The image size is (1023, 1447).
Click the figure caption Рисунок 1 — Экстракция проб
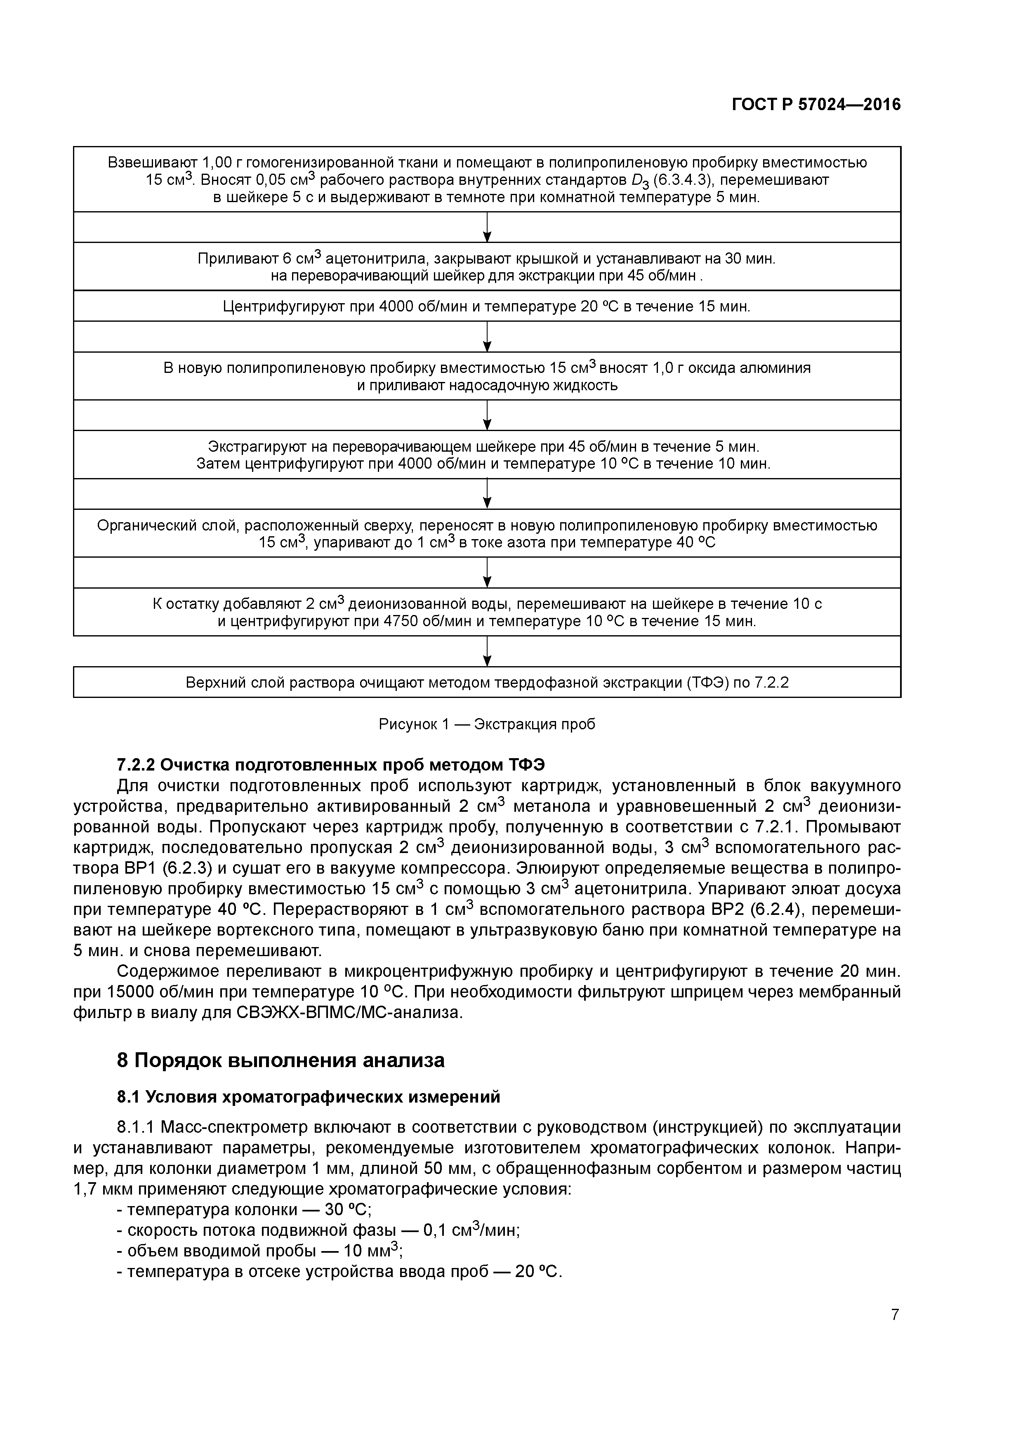pyautogui.click(x=487, y=724)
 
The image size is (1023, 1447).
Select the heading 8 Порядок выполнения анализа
pyautogui.click(x=280, y=1061)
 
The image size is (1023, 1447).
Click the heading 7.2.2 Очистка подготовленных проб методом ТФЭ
pyautogui.click(x=331, y=764)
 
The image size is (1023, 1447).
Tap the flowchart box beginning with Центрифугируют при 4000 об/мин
pyautogui.click(x=487, y=306)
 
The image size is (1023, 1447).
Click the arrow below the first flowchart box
pyautogui.click(x=487, y=228)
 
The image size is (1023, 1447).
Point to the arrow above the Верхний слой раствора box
pyautogui.click(x=487, y=652)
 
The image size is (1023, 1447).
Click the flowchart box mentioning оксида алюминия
pyautogui.click(x=487, y=376)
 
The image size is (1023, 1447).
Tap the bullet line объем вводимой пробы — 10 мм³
pyautogui.click(x=260, y=1251)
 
